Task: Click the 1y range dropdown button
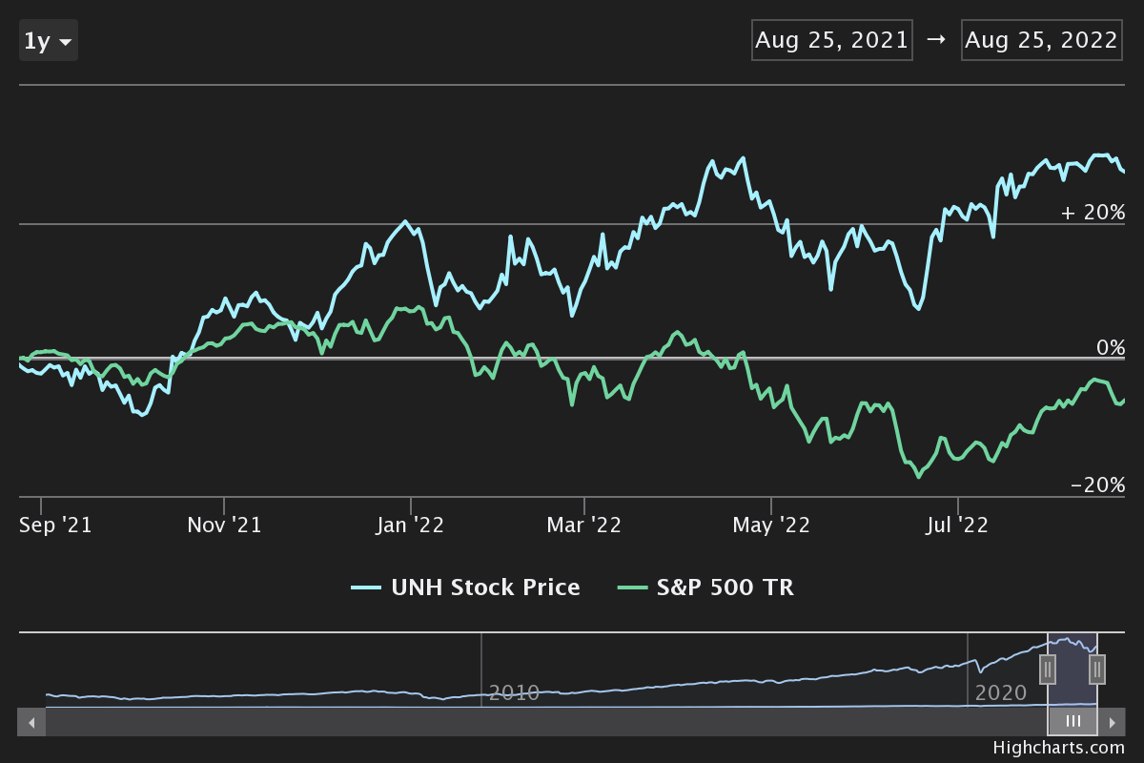pyautogui.click(x=49, y=41)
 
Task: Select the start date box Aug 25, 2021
pyautogui.click(x=831, y=40)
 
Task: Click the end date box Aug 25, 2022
pyautogui.click(x=1041, y=40)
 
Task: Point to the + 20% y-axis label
pyautogui.click(x=1093, y=212)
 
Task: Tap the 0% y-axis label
pyautogui.click(x=1110, y=347)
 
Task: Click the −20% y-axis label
pyautogui.click(x=1097, y=485)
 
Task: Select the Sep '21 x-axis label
pyautogui.click(x=55, y=525)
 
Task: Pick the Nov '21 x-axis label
pyautogui.click(x=224, y=525)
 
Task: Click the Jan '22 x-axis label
pyautogui.click(x=411, y=525)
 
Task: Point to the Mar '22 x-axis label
pyautogui.click(x=583, y=525)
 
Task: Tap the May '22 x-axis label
pyautogui.click(x=771, y=525)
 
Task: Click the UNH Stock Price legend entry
pyautogui.click(x=466, y=588)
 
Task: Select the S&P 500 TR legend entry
pyautogui.click(x=706, y=588)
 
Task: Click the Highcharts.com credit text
pyautogui.click(x=1058, y=748)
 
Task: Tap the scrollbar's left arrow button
pyautogui.click(x=31, y=722)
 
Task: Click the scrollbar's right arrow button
pyautogui.click(x=1112, y=722)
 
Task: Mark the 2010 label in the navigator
pyautogui.click(x=514, y=692)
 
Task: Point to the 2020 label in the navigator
pyautogui.click(x=1001, y=692)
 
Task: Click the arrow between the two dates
pyautogui.click(x=935, y=40)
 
